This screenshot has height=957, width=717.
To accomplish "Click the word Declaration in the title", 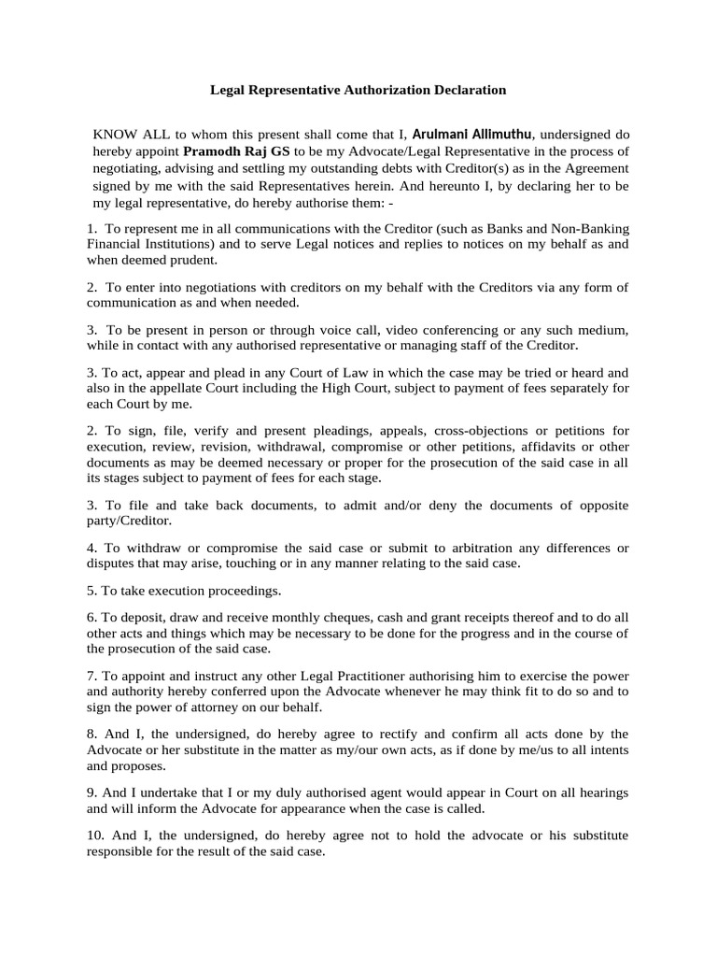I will click(x=462, y=90).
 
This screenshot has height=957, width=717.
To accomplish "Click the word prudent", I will click(x=189, y=260).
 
